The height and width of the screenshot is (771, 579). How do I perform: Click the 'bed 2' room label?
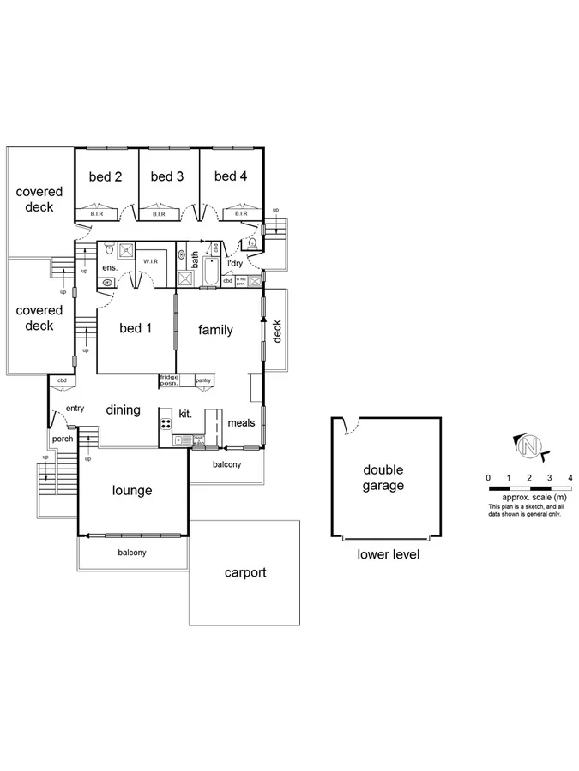click(106, 176)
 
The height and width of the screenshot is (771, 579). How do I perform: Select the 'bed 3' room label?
click(167, 176)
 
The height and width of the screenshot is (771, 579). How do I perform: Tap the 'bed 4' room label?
click(231, 176)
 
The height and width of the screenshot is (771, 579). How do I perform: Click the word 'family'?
click(215, 330)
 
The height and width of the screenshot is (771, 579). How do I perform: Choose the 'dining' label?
click(123, 410)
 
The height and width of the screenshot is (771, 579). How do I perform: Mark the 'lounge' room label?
click(132, 491)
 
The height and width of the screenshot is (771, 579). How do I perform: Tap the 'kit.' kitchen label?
click(184, 414)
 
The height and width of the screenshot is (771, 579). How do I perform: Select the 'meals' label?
click(241, 422)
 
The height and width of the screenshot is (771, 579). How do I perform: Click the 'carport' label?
click(244, 572)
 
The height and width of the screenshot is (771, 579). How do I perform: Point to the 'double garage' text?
click(383, 478)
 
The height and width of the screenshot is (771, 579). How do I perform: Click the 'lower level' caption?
click(388, 554)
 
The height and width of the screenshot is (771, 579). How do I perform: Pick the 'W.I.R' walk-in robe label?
click(153, 261)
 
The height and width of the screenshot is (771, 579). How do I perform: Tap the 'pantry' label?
click(203, 380)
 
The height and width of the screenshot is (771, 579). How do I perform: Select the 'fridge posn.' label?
click(169, 380)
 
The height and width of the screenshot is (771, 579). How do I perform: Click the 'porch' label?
click(63, 439)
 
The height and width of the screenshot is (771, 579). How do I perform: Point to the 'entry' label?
click(75, 409)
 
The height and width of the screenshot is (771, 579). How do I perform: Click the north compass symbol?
click(532, 445)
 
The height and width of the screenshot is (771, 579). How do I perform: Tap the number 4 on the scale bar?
click(570, 476)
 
